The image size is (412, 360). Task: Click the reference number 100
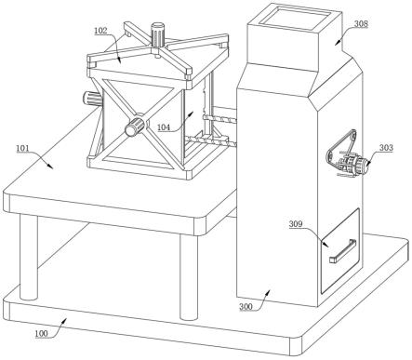tap(41, 333)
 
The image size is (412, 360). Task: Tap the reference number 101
tap(22, 148)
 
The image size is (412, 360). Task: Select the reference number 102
tap(100, 31)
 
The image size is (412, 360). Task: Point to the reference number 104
tap(164, 127)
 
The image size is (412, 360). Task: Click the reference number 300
tap(246, 307)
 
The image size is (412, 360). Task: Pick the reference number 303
tap(386, 148)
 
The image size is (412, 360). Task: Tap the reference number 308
tap(362, 23)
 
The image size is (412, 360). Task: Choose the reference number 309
tap(296, 224)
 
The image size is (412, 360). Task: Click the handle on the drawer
tap(342, 250)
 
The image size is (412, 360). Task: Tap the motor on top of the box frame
tap(157, 34)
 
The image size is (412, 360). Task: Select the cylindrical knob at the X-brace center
tap(135, 127)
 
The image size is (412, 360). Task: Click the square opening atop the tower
tap(294, 19)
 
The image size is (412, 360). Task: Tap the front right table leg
tap(189, 277)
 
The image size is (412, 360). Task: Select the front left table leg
tap(29, 258)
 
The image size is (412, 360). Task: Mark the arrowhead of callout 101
tap(50, 166)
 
